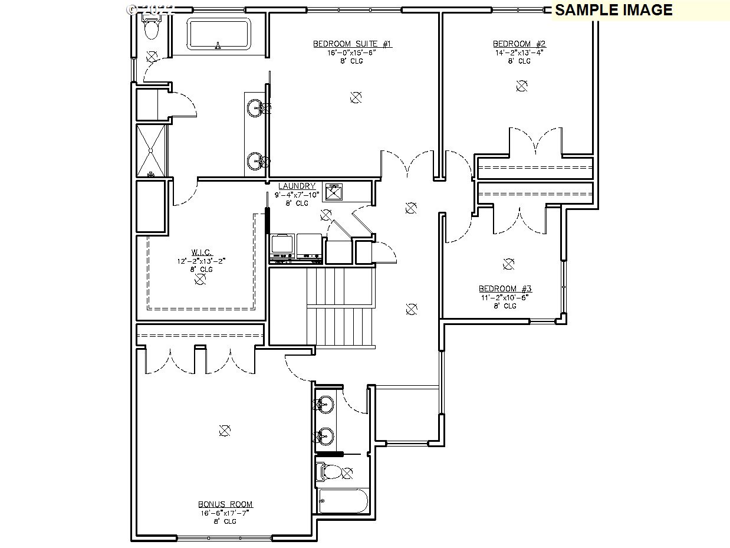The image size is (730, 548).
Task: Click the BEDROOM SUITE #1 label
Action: point(352,44)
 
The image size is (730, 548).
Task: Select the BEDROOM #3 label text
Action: point(505,288)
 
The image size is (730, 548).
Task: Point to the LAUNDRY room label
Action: point(297,186)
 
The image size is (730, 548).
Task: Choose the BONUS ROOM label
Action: point(225,504)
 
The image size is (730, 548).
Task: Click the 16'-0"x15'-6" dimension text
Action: point(352,52)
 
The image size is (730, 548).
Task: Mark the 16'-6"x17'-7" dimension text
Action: point(225,513)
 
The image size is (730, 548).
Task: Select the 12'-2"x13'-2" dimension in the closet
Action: point(201,260)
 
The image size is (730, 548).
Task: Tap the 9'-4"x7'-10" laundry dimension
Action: point(297,195)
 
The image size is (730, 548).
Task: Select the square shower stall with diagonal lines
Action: point(152,150)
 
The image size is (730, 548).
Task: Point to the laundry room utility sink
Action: point(334,192)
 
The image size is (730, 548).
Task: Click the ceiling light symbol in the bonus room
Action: point(224,431)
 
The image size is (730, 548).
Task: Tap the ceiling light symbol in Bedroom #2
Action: point(521,86)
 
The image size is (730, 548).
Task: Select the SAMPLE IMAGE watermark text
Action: point(613,10)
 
